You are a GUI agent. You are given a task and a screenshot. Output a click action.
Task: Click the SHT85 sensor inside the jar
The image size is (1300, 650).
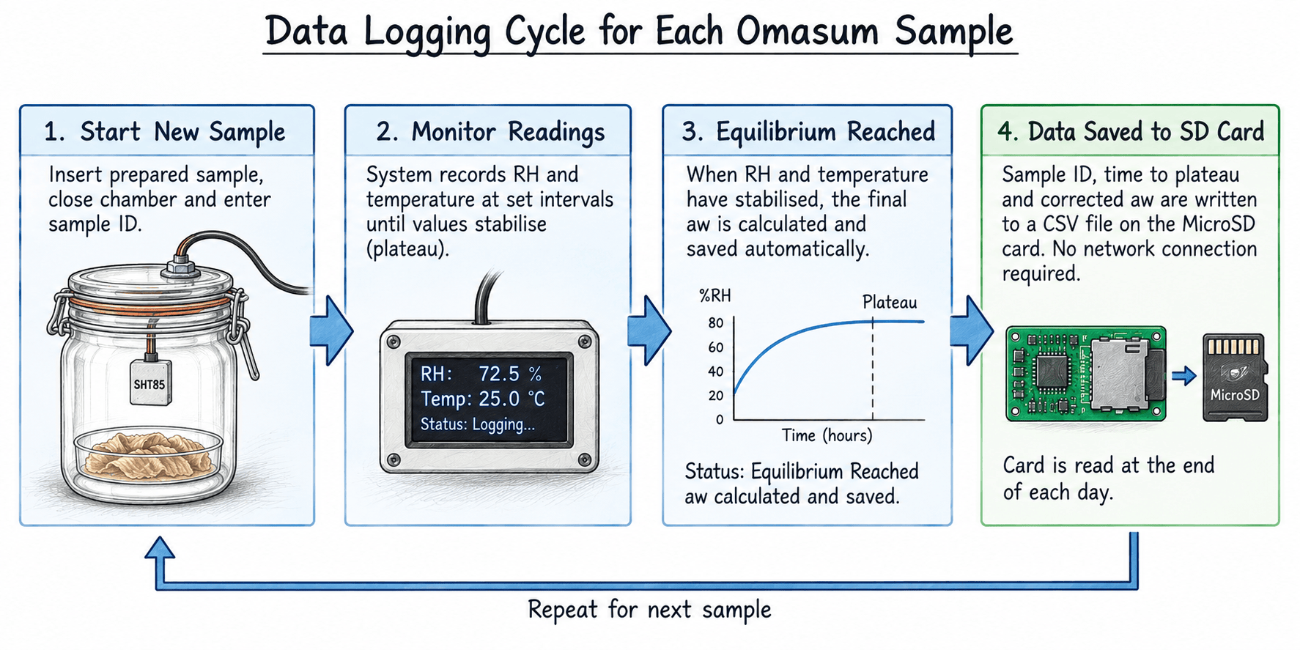pyautogui.click(x=151, y=381)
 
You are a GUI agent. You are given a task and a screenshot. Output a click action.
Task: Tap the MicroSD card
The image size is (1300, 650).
pyautogui.click(x=1235, y=377)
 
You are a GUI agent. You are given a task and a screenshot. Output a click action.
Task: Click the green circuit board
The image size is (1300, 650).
pyautogui.click(x=1085, y=374)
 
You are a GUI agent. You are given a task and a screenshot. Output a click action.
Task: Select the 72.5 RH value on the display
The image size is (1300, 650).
pyautogui.click(x=499, y=374)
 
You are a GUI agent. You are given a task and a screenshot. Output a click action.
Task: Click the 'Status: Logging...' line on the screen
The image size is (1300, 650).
pyautogui.click(x=477, y=424)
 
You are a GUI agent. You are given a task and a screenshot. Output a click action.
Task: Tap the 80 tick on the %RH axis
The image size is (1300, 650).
pyautogui.click(x=715, y=323)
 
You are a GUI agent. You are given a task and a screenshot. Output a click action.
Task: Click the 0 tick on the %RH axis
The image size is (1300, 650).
pyautogui.click(x=720, y=420)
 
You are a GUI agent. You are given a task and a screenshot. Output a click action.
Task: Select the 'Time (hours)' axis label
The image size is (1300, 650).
pyautogui.click(x=827, y=436)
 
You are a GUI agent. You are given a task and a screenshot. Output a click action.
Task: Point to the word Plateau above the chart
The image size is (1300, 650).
pyautogui.click(x=890, y=302)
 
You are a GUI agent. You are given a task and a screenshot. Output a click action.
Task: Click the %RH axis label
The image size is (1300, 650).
pyautogui.click(x=714, y=296)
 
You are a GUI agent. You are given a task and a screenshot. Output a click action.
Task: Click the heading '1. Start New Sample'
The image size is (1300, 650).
pyautogui.click(x=165, y=132)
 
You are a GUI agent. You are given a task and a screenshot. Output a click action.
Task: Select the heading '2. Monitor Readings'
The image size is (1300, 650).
pyautogui.click(x=490, y=132)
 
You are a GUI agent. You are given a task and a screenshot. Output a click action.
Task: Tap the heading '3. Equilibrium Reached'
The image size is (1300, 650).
pyautogui.click(x=808, y=132)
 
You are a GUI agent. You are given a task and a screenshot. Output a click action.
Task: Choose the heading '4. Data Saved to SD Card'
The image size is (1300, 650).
pyautogui.click(x=1131, y=132)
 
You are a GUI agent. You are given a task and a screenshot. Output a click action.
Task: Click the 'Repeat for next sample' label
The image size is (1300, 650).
pyautogui.click(x=649, y=610)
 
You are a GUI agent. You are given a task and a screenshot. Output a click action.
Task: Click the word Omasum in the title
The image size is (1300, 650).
pyautogui.click(x=807, y=32)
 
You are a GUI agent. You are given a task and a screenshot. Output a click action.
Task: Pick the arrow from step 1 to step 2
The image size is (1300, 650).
pyautogui.click(x=331, y=330)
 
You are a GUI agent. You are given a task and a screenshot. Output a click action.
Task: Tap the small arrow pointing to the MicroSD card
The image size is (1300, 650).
pyautogui.click(x=1183, y=376)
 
